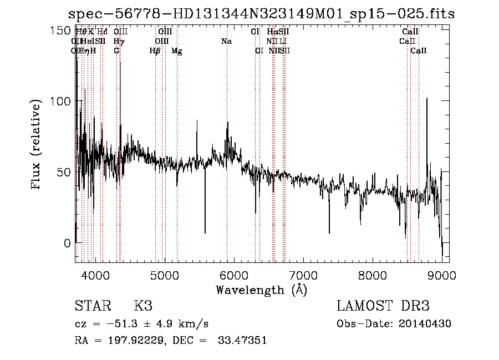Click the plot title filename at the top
click(261, 14)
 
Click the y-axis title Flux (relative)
click(37, 145)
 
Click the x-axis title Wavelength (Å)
click(261, 290)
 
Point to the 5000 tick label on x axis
click(164, 275)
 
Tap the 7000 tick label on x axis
click(303, 275)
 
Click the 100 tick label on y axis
click(62, 101)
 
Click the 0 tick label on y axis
click(68, 243)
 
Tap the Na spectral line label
click(226, 42)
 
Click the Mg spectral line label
click(177, 51)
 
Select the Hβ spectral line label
click(155, 51)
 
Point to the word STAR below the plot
click(90, 306)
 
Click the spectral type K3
click(142, 306)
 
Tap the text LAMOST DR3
click(383, 306)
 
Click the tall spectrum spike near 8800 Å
click(426, 100)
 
